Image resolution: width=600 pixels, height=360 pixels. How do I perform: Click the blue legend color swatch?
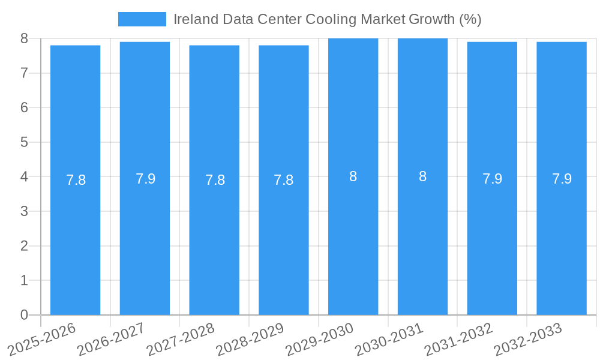click(142, 19)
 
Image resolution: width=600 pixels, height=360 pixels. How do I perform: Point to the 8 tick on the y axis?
click(24, 38)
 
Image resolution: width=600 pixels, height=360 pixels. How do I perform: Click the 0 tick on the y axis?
click(24, 315)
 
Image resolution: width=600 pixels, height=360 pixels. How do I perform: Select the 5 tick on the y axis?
click(24, 142)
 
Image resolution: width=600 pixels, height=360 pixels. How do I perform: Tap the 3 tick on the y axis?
click(24, 211)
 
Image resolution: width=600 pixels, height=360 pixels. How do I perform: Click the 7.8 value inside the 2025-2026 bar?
click(76, 180)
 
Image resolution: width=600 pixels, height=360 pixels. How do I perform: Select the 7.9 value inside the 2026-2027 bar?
click(145, 179)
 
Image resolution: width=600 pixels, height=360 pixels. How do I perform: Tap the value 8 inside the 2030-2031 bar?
click(422, 176)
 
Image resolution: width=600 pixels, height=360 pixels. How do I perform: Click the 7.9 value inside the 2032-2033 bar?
click(562, 179)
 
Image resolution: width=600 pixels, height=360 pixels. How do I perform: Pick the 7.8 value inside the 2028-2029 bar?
click(283, 180)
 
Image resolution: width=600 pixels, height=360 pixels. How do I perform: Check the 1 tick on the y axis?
click(24, 280)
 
